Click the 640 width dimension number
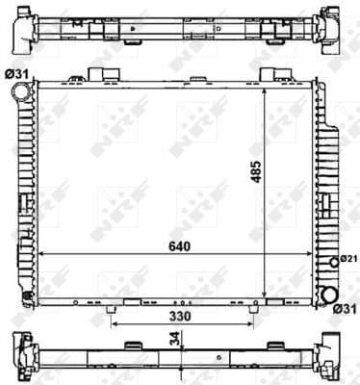pos(178,245)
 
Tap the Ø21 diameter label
pos(347,257)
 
